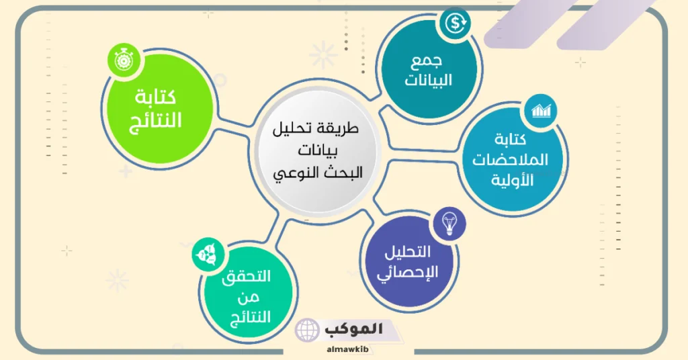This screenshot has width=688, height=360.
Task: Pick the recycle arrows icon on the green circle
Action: point(205,254)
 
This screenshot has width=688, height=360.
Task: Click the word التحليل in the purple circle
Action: point(408,253)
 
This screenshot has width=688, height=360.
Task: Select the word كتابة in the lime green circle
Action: point(155,98)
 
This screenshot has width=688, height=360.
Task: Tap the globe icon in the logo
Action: point(308,330)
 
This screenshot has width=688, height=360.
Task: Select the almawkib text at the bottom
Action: point(342,350)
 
